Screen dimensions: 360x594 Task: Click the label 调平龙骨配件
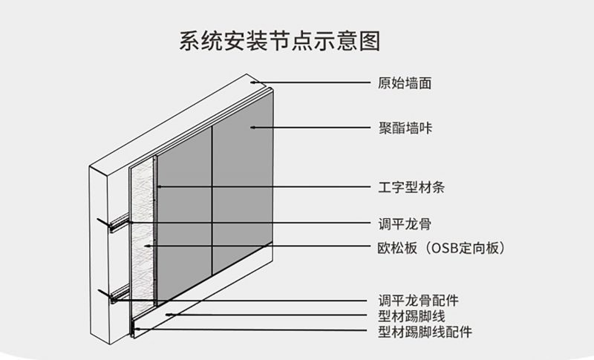[x=418, y=300]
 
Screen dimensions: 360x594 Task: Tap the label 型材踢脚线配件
[x=425, y=331]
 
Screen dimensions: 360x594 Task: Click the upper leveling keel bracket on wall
[x=116, y=223]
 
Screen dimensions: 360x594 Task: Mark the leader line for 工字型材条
[x=267, y=186]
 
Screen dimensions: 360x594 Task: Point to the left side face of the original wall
[x=99, y=252]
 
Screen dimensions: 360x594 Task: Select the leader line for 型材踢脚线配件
[x=252, y=331]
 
